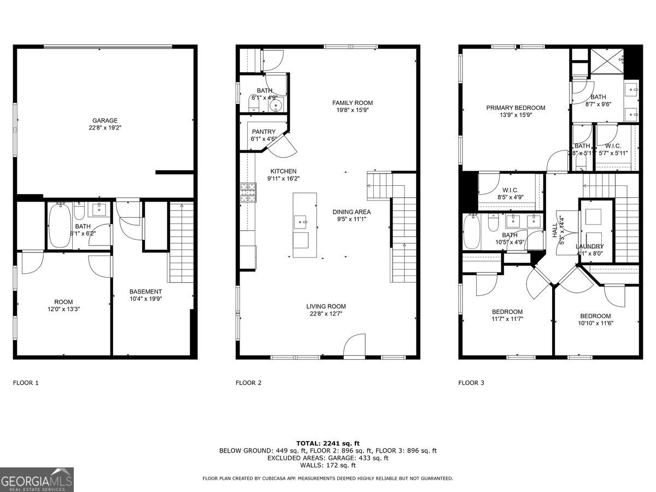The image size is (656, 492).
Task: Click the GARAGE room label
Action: click(x=104, y=121)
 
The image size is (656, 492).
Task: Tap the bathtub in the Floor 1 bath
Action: click(x=58, y=226)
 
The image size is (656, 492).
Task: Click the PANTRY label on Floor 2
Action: click(x=263, y=132)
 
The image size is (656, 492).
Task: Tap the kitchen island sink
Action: click(x=301, y=222)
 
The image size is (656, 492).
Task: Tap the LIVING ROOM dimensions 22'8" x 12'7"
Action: click(x=326, y=314)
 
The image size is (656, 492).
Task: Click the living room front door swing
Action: click(x=354, y=345)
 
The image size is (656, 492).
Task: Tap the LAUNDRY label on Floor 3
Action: click(x=590, y=247)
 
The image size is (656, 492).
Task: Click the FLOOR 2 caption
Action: click(x=248, y=383)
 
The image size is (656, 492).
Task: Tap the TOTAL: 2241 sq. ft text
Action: click(x=328, y=443)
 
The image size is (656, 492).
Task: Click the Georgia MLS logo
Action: click(x=37, y=480)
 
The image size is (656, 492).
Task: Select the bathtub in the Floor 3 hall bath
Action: click(x=472, y=231)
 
